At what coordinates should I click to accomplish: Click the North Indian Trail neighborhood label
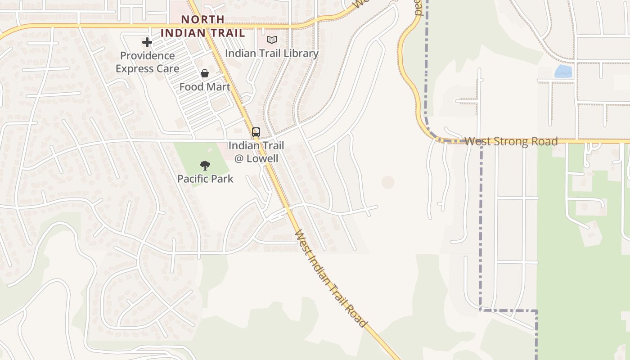pos(202,26)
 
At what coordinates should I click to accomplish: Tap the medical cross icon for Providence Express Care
pos(147,43)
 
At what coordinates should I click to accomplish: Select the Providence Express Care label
pos(147,62)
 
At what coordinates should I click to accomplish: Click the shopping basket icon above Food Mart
pos(205,73)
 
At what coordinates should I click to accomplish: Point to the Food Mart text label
pos(205,87)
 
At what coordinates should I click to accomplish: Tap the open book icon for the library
pos(271,40)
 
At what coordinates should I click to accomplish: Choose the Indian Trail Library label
pos(271,53)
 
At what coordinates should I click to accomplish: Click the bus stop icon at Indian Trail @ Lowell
pos(256,132)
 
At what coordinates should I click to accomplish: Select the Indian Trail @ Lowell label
pos(256,152)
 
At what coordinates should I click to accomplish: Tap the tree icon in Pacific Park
pos(205,166)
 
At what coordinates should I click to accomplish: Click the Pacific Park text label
pos(205,179)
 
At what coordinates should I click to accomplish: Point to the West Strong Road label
pos(511,141)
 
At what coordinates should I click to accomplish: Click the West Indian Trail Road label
pos(331,279)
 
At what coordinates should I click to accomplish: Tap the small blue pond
pos(563,72)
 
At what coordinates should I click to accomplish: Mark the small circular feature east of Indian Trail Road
pos(388,182)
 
